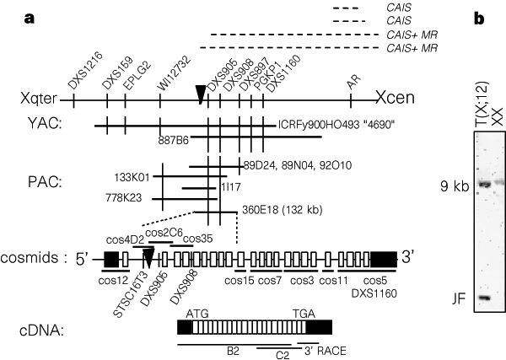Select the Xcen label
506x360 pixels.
[x=396, y=99]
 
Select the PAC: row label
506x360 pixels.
[x=41, y=181]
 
